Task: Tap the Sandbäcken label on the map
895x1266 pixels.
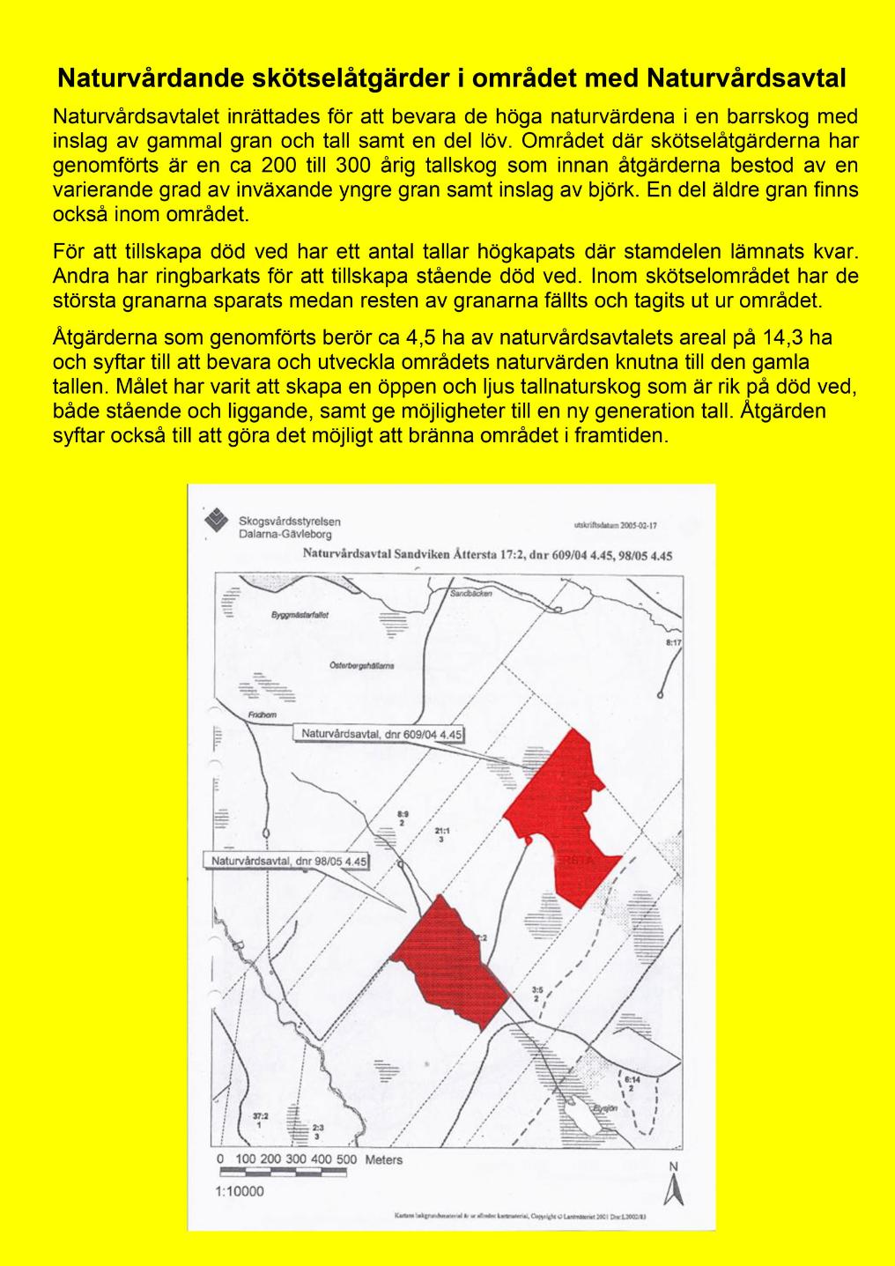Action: click(x=471, y=594)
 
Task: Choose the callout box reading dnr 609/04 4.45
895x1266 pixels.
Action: click(x=381, y=734)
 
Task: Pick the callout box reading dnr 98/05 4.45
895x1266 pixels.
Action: click(x=289, y=861)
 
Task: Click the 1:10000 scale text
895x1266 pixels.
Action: click(x=240, y=1192)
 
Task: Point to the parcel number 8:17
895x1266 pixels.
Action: click(x=674, y=644)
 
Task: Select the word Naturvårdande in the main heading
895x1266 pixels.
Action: click(x=140, y=79)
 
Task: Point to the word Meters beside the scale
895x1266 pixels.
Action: click(x=383, y=1159)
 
